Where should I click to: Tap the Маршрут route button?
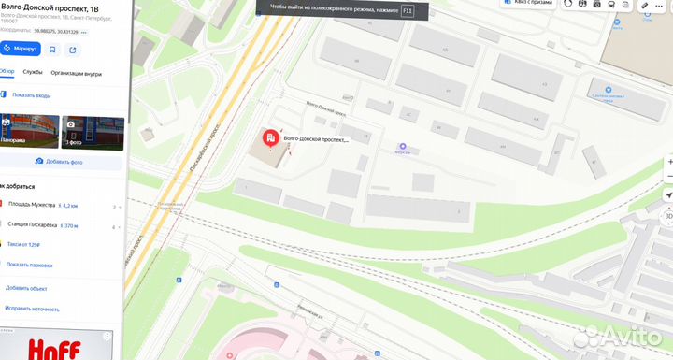point(21,49)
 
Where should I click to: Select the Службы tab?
point(33,73)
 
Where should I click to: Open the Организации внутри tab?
point(77,73)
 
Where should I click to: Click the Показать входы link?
point(32,94)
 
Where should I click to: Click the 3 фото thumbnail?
point(93,132)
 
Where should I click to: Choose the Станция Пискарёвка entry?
point(35,225)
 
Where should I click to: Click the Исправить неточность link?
point(33,309)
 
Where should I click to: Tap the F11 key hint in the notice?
point(408,12)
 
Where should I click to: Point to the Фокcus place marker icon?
point(403,147)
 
